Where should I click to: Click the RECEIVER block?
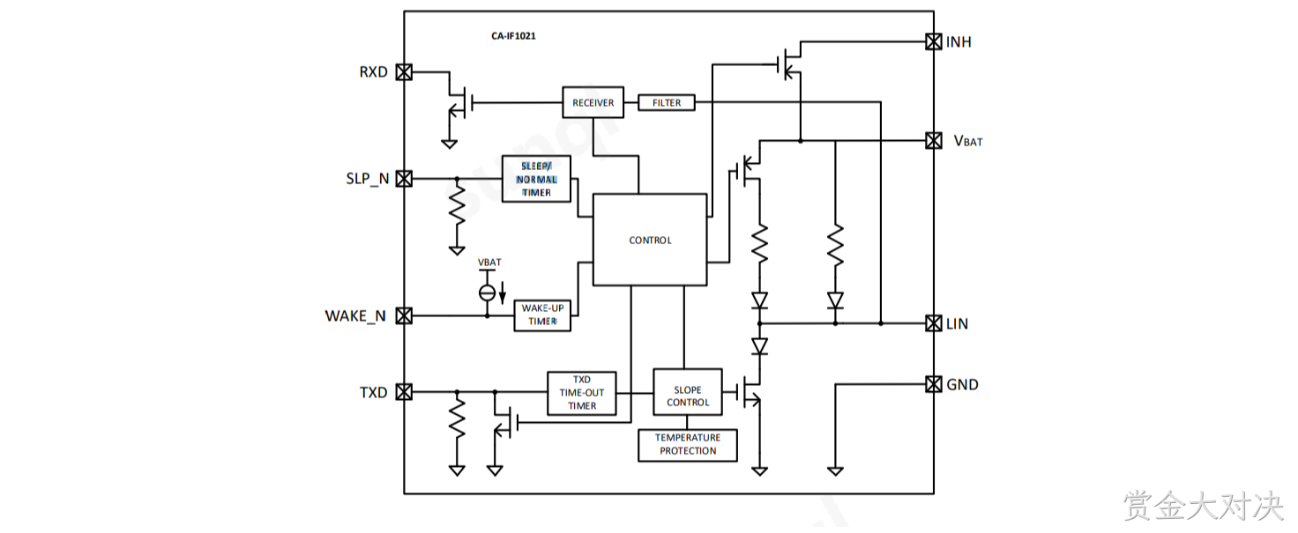(x=593, y=102)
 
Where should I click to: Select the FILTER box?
(x=667, y=102)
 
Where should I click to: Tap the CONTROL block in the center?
(x=650, y=240)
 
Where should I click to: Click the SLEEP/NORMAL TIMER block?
(x=536, y=179)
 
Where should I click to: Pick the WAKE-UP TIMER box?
(x=542, y=315)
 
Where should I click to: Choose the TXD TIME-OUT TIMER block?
(x=582, y=393)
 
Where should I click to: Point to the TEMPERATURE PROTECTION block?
(x=688, y=445)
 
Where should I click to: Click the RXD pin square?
(x=404, y=72)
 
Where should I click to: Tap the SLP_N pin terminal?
(x=404, y=179)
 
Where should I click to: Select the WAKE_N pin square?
(x=404, y=316)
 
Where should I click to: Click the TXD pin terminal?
(x=404, y=392)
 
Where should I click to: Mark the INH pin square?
(x=934, y=41)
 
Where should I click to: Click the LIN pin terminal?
(x=934, y=323)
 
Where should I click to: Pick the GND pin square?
(x=934, y=384)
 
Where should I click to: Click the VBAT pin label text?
(x=968, y=141)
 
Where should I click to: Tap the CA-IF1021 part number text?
(x=513, y=36)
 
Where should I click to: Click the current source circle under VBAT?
(x=488, y=292)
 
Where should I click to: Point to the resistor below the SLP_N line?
(x=457, y=204)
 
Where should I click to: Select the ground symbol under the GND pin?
(x=835, y=471)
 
